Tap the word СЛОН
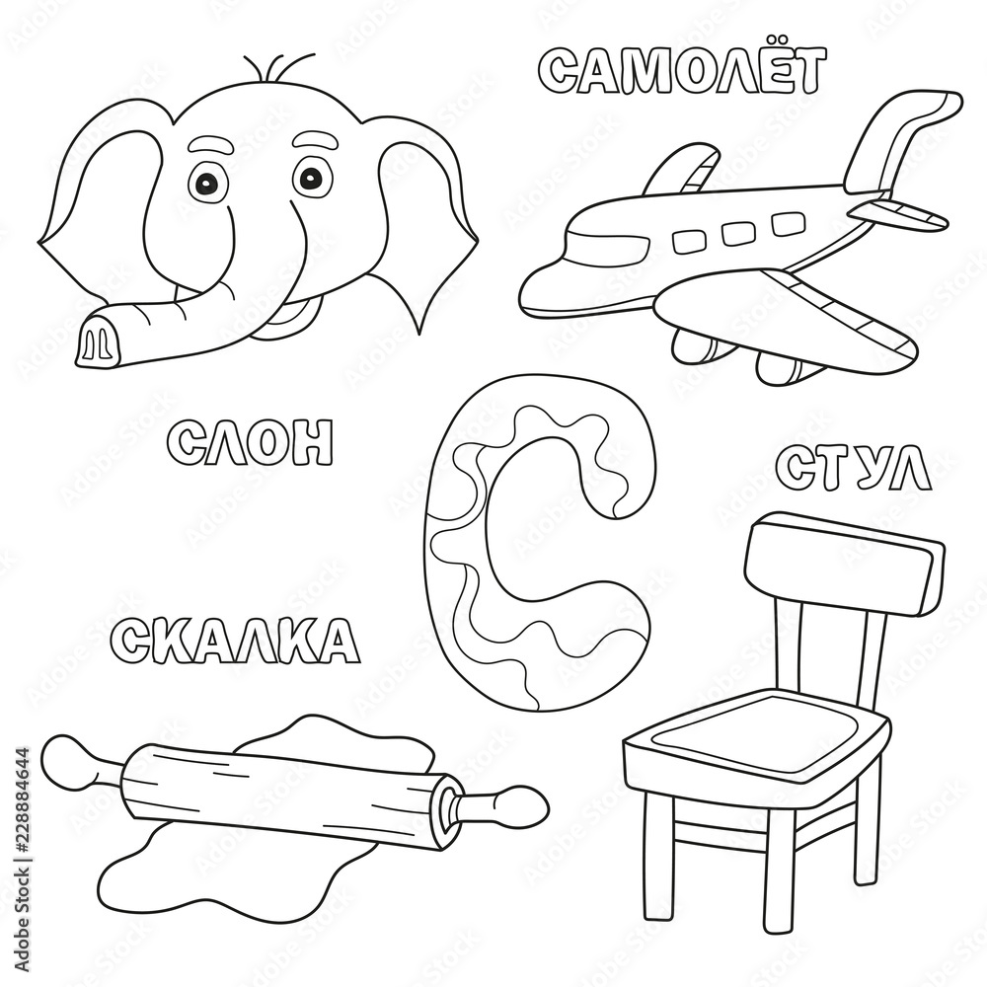click(x=251, y=442)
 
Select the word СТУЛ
click(x=854, y=469)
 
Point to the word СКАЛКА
click(x=235, y=640)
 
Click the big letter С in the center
click(x=474, y=553)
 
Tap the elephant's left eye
click(x=208, y=182)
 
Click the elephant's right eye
click(x=312, y=178)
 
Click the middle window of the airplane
click(x=738, y=233)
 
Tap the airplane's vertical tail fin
click(x=893, y=138)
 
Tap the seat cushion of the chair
click(x=755, y=735)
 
